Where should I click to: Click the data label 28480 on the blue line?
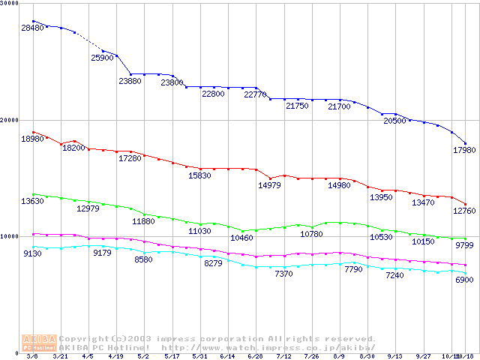33,28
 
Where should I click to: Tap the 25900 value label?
102,58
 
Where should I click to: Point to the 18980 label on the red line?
33,139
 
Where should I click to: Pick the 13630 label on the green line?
33,201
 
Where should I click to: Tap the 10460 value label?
241,238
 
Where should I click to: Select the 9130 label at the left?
33,253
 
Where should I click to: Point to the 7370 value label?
283,274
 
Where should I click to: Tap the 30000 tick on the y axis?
10,4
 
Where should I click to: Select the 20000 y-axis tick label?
10,120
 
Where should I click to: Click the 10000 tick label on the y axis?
10,236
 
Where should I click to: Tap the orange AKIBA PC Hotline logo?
39,343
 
